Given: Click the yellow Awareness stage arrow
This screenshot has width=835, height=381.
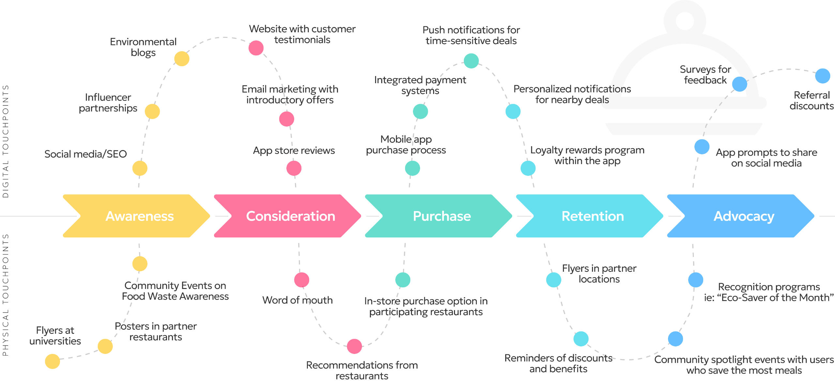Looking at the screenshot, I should pyautogui.click(x=140, y=216).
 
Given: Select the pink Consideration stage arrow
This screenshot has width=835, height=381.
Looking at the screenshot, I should pyautogui.click(x=290, y=216).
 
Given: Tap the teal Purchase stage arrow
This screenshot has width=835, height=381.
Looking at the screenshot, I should pyautogui.click(x=442, y=216).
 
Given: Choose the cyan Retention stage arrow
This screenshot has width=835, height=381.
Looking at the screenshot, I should pyautogui.click(x=592, y=216).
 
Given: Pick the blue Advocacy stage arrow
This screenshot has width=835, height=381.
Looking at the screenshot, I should pyautogui.click(x=744, y=216).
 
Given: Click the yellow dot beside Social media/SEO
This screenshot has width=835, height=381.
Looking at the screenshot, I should pyautogui.click(x=140, y=168).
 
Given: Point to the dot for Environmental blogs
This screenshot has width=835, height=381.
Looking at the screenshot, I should pyautogui.click(x=182, y=59).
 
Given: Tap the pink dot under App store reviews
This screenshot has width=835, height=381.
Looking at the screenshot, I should pyautogui.click(x=294, y=168).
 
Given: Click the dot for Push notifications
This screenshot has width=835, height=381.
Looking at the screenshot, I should pyautogui.click(x=471, y=61).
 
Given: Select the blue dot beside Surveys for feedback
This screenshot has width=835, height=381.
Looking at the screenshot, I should pyautogui.click(x=739, y=84).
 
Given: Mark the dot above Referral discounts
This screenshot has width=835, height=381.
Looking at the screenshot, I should pyautogui.click(x=823, y=76).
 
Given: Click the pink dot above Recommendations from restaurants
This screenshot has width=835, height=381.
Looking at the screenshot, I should pyautogui.click(x=355, y=346).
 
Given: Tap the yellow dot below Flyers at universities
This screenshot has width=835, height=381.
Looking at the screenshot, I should pyautogui.click(x=53, y=361).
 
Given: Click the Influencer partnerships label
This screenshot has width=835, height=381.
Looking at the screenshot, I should pyautogui.click(x=108, y=103).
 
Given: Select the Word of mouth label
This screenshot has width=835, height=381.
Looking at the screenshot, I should pyautogui.click(x=297, y=300).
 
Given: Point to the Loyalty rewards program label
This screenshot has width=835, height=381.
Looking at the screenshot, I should pyautogui.click(x=587, y=155).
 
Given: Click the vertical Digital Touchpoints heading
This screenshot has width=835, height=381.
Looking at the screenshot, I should pyautogui.click(x=6, y=141).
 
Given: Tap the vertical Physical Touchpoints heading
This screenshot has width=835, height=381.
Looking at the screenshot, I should pyautogui.click(x=6, y=295).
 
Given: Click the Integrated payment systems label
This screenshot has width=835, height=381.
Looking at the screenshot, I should pyautogui.click(x=420, y=85).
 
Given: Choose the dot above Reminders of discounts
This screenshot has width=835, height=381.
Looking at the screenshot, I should pyautogui.click(x=581, y=339).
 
